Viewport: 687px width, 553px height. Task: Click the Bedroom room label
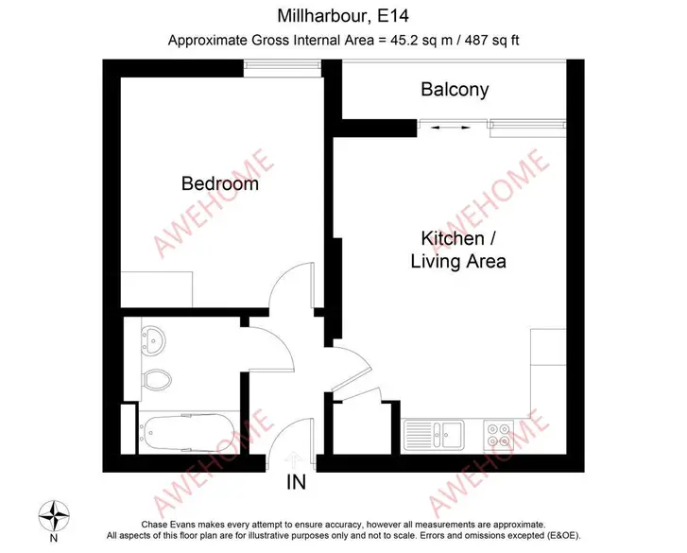pos(220,183)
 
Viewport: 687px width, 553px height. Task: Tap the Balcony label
pos(455,90)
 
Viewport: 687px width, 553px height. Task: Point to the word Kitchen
pos(453,238)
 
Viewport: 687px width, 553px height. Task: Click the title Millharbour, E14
pos(343,16)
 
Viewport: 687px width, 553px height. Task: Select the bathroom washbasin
pos(152,339)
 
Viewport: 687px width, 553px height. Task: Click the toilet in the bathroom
pos(157,380)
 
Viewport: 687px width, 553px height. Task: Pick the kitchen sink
pos(434,435)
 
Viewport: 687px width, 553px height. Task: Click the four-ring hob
pos(499,435)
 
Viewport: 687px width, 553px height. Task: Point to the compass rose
pos(54,516)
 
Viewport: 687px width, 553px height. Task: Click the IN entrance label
pos(296,482)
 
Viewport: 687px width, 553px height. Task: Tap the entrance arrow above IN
pos(293,461)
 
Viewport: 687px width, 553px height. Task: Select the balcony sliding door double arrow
pos(451,128)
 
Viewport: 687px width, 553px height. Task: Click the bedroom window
pos(283,65)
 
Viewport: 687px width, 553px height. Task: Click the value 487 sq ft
pos(492,41)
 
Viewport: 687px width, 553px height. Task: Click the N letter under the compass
pos(54,538)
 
